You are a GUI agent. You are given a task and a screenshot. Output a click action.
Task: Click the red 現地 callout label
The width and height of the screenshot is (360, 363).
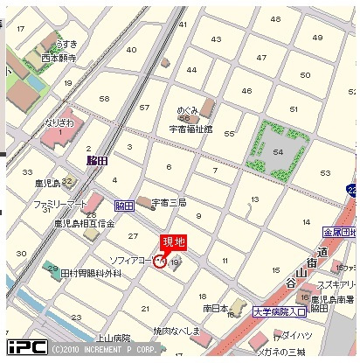pyautogui.click(x=172, y=242)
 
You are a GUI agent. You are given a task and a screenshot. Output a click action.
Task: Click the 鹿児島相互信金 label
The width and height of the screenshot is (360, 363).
pyautogui.click(x=84, y=224)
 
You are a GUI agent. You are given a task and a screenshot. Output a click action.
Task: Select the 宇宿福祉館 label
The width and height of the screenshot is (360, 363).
pyautogui.click(x=190, y=129)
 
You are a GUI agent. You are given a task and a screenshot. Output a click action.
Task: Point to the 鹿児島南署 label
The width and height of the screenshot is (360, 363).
pyautogui.click(x=333, y=298)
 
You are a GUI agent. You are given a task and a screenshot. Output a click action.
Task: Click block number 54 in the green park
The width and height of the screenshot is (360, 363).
pyautogui.click(x=279, y=151)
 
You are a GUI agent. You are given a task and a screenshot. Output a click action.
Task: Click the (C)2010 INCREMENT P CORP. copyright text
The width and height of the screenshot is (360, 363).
pyautogui.click(x=106, y=348)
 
